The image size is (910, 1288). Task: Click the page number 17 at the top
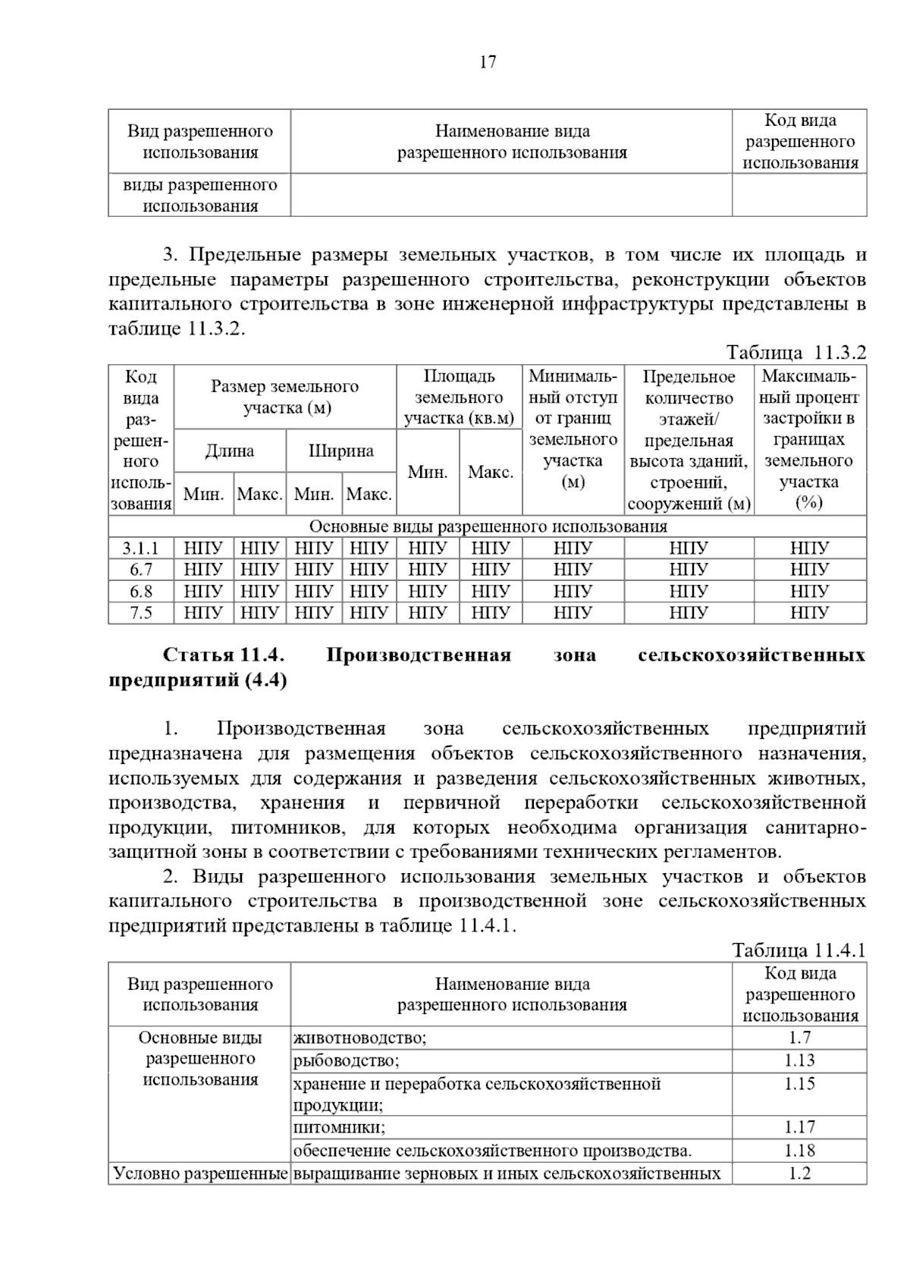(x=488, y=62)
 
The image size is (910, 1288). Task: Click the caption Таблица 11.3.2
(x=795, y=353)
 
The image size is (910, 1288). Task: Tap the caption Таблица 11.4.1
(x=799, y=950)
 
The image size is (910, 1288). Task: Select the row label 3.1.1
(x=141, y=548)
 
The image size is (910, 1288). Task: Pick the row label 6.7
(x=141, y=569)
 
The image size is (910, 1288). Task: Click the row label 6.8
(x=141, y=591)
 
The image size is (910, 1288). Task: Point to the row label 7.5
(x=141, y=612)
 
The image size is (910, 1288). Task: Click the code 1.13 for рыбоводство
(x=799, y=1060)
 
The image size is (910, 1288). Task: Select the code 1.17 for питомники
(x=799, y=1127)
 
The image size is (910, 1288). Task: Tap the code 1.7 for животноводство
(x=799, y=1038)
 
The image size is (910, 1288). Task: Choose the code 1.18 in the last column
(x=799, y=1150)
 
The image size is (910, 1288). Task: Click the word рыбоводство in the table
(x=346, y=1060)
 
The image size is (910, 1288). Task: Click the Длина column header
(x=230, y=451)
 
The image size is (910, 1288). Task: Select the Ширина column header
(x=340, y=451)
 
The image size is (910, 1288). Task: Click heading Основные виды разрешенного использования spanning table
(x=488, y=526)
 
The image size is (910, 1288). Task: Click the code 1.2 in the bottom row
(x=799, y=1173)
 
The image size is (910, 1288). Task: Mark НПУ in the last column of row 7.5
(x=809, y=612)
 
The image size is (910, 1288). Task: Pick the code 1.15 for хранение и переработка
(x=799, y=1084)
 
